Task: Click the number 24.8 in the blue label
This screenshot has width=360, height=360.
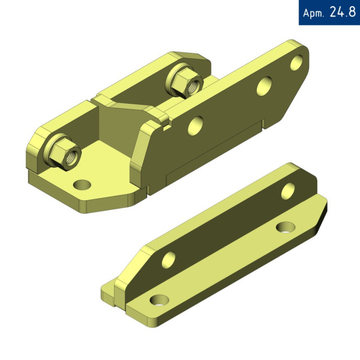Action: (x=343, y=12)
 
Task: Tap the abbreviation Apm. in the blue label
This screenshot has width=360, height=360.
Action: (x=313, y=13)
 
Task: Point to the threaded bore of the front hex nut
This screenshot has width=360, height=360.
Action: (x=71, y=158)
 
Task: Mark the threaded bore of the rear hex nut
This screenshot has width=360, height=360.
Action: (x=194, y=86)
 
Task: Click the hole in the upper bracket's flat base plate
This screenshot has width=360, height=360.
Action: (x=82, y=185)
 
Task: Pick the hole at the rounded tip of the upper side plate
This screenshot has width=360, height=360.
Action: (x=296, y=62)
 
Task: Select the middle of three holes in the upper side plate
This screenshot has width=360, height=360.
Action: (x=264, y=86)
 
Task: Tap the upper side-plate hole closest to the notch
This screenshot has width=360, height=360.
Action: (x=196, y=126)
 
